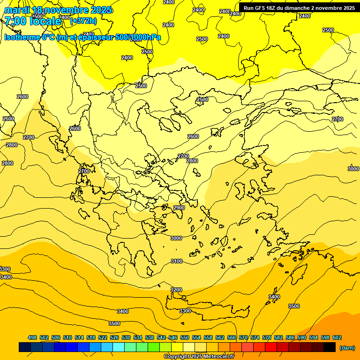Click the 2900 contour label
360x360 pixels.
179,208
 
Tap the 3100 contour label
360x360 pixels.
177,261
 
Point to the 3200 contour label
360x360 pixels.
176,290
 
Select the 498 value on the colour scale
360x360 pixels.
32,337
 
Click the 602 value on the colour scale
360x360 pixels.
337,337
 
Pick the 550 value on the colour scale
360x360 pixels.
185,337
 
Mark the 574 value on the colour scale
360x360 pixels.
255,337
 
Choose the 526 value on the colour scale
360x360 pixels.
114,337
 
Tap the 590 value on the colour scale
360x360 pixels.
302,337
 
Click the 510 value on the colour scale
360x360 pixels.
67,337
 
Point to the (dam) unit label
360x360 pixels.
347,348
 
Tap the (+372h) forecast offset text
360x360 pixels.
83,21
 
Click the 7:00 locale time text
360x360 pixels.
33,21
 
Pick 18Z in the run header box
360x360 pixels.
270,8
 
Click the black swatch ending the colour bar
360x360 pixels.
329,347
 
